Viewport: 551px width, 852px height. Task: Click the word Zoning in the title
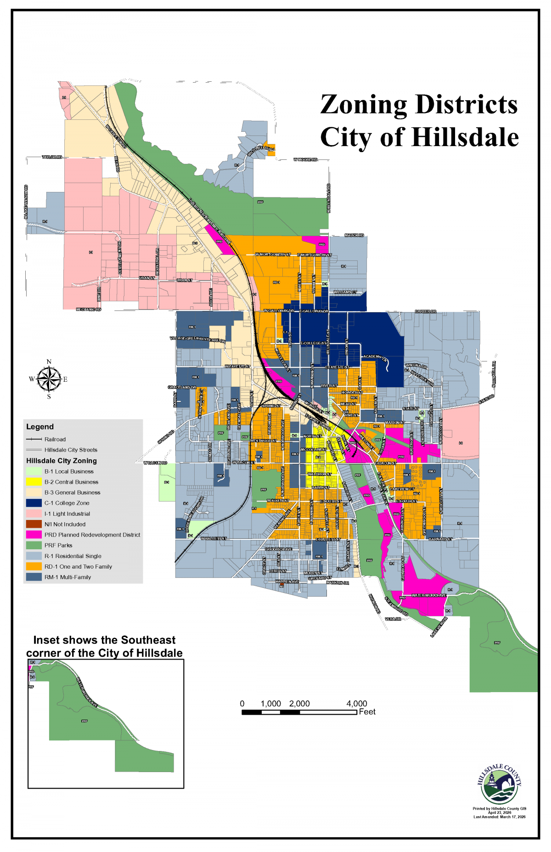[x=363, y=105]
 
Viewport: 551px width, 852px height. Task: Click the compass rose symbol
[x=49, y=379]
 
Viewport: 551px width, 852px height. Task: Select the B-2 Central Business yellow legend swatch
[x=34, y=482]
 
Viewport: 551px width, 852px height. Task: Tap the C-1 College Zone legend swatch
[x=34, y=503]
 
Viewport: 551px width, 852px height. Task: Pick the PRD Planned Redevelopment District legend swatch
[x=34, y=535]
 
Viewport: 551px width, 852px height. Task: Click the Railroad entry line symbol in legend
[x=34, y=440]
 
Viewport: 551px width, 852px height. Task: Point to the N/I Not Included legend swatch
[x=34, y=524]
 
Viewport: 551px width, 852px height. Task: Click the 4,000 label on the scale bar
[x=356, y=704]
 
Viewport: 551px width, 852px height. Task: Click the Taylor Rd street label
[x=52, y=157]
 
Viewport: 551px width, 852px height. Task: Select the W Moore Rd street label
[x=305, y=160]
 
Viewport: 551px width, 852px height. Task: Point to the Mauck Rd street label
[x=354, y=235]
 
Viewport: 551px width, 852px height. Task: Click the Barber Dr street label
[x=425, y=311]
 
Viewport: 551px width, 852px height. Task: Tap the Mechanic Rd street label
[x=88, y=310]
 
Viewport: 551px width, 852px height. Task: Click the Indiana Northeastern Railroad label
[x=210, y=220]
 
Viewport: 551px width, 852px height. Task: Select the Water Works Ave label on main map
[x=428, y=595]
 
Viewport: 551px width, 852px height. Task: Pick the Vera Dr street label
[x=393, y=619]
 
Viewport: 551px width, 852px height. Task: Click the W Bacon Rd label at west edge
[x=155, y=463]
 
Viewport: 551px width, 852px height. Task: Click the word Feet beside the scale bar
[x=367, y=712]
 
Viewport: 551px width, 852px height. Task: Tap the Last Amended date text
[x=500, y=817]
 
